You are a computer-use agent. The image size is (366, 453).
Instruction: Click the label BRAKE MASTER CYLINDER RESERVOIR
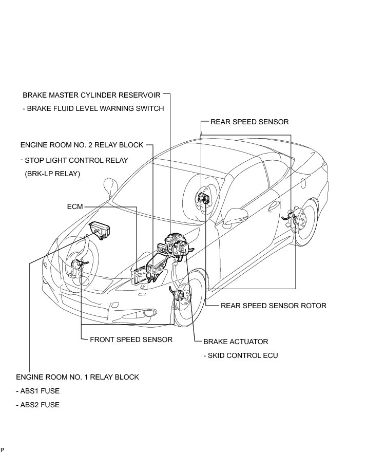click(91, 95)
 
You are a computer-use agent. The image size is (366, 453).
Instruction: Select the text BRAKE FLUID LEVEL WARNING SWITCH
click(93, 108)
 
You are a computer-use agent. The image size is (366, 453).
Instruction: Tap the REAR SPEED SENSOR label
click(249, 122)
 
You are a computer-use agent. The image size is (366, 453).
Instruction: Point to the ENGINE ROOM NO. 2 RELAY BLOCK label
click(82, 145)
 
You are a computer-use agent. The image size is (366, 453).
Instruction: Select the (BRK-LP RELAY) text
click(52, 174)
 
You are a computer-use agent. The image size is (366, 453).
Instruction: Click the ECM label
click(75, 207)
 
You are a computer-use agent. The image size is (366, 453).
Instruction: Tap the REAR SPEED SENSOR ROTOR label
click(273, 306)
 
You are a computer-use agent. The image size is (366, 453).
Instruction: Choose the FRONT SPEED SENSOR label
click(131, 339)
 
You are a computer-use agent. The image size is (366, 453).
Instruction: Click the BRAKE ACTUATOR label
click(236, 341)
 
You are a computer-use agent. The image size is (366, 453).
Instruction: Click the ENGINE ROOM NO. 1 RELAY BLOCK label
click(78, 377)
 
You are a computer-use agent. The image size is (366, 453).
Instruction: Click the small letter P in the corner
click(3, 450)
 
